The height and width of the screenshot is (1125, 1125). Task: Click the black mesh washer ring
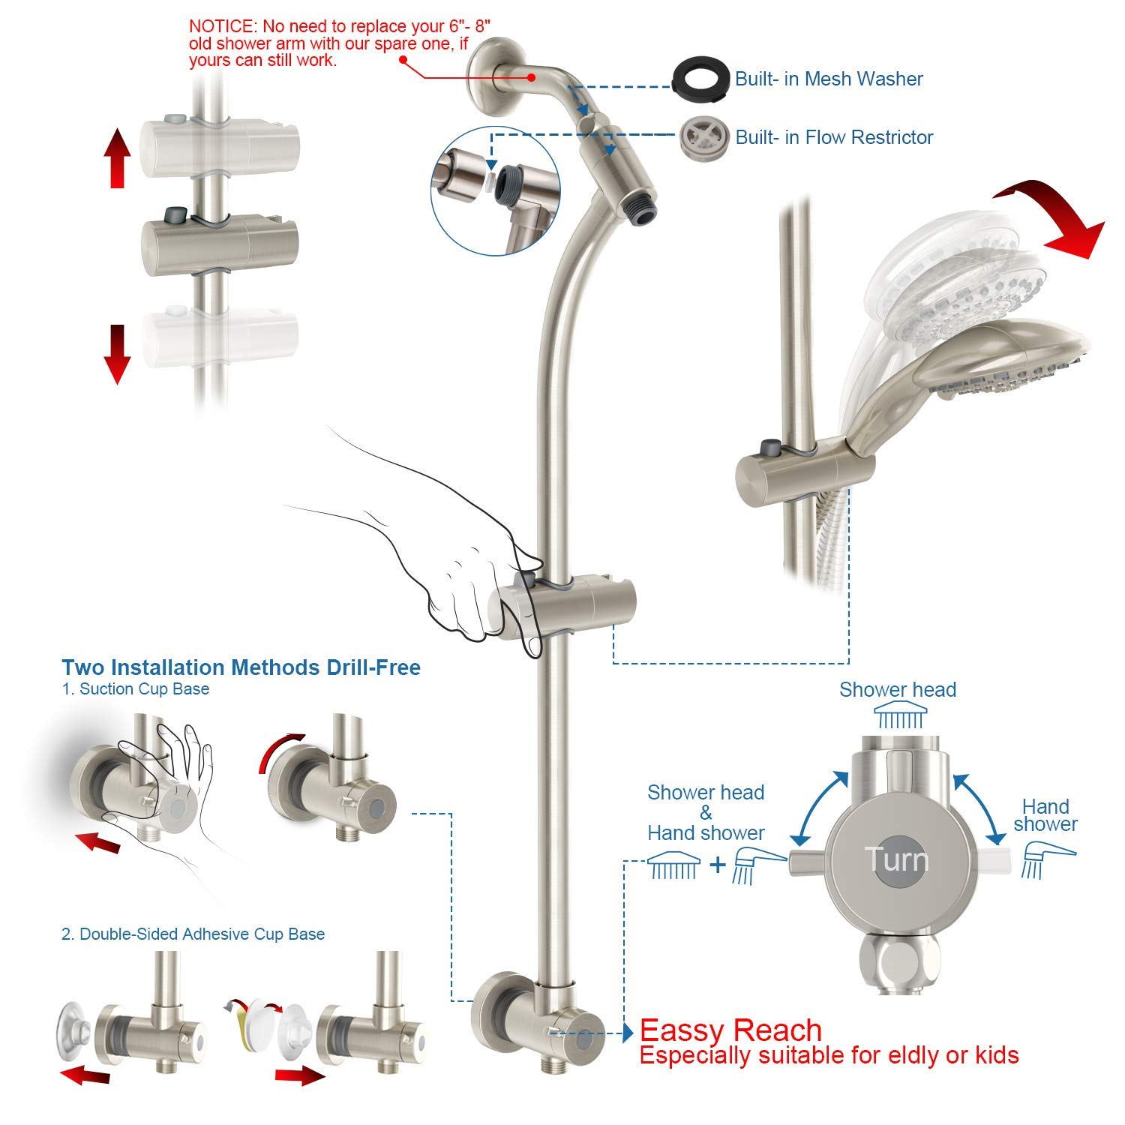click(x=700, y=79)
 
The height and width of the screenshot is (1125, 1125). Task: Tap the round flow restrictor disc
click(x=702, y=137)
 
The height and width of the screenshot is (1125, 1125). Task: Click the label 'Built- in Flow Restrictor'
click(x=834, y=137)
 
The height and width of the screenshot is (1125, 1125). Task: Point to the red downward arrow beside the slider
click(x=117, y=353)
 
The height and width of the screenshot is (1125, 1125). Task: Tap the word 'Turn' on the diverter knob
click(x=895, y=859)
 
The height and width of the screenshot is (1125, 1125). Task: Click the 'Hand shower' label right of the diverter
click(x=1045, y=815)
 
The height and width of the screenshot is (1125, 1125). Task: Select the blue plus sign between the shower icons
click(x=718, y=865)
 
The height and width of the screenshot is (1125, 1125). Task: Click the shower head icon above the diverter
click(x=898, y=718)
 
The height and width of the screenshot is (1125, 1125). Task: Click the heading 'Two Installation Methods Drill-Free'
click(x=241, y=667)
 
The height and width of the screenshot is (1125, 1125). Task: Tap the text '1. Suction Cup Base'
click(x=135, y=689)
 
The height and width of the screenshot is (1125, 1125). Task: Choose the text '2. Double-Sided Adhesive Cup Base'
click(x=193, y=934)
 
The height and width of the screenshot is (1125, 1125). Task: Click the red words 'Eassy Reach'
click(x=730, y=1030)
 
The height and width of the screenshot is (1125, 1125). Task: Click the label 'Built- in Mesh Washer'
click(x=829, y=79)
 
